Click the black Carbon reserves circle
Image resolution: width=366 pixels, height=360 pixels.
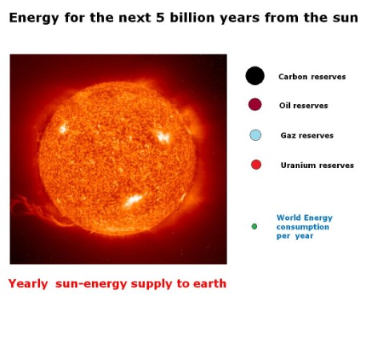pos(255,76)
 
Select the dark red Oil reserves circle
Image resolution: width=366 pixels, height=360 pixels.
pos(255,104)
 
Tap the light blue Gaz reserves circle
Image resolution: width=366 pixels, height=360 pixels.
pos(255,135)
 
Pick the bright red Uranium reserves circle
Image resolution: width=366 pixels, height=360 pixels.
pos(256,165)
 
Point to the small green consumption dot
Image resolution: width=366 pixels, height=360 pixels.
pos(255,226)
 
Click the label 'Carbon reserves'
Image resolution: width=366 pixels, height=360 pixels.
pos(312,77)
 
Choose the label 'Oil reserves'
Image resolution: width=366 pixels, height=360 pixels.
pos(304,106)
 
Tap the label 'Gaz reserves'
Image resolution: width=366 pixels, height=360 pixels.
pos(307,135)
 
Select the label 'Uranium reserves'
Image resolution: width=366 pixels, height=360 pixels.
pos(317,166)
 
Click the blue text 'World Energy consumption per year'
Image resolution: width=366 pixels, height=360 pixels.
pos(304,227)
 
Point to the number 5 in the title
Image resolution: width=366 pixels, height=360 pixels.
pos(160,18)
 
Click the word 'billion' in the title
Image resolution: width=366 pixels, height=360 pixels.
pos(192,18)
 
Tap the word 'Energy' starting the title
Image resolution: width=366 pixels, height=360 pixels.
pos(34,18)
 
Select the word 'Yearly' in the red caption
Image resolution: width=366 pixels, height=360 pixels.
pos(28,284)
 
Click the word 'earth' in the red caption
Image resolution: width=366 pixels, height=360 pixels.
pos(210,283)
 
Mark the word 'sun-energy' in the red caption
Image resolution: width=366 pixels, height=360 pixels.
pos(91,284)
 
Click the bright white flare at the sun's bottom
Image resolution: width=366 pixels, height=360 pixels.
pos(134,200)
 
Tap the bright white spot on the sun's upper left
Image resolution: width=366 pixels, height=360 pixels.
pos(62,129)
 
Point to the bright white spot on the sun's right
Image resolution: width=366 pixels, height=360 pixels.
pos(163,137)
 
